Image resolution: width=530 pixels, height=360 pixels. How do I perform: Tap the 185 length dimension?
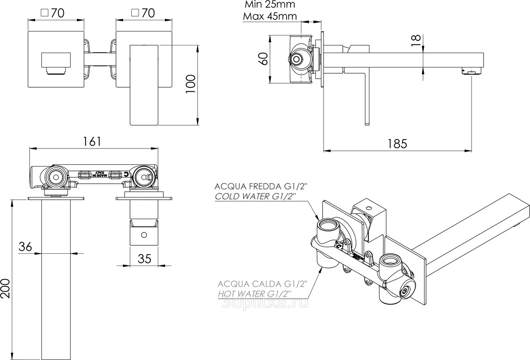point(397,144)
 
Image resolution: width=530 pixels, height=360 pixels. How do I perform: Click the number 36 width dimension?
point(26,246)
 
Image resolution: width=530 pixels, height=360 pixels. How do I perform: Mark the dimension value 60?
point(263,58)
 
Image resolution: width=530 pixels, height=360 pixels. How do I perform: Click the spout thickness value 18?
point(416,40)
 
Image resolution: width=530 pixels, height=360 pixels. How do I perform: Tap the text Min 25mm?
point(270,5)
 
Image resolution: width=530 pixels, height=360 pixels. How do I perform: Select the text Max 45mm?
point(270,17)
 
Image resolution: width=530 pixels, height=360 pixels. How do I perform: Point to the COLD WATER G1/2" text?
point(255,197)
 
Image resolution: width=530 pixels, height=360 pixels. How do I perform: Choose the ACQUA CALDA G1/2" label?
point(262,283)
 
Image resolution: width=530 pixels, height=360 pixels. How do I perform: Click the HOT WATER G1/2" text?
point(255,294)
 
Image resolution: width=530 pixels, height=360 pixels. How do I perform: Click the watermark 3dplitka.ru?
point(265,304)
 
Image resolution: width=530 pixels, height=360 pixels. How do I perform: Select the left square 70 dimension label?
point(52,13)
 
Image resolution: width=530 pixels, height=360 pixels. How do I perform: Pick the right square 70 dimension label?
point(142,13)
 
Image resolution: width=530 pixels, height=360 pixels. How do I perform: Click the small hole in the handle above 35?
point(144,234)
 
